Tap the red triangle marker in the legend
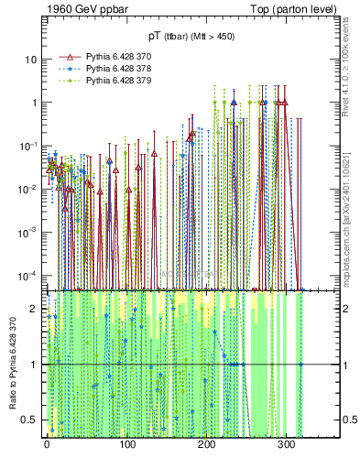[x=70, y=56]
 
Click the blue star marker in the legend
[x=70, y=68]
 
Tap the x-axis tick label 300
[x=286, y=446]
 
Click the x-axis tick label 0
[x=47, y=446]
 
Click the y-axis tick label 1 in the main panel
[x=35, y=103]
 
